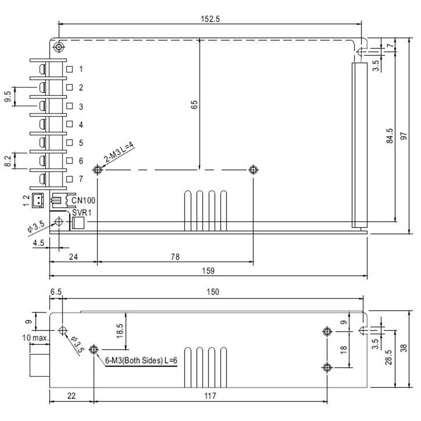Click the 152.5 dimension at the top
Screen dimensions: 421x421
coord(210,19)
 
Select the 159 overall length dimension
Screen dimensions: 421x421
coord(208,271)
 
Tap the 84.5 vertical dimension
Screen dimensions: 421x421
coord(390,136)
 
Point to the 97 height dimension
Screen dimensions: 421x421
coord(404,136)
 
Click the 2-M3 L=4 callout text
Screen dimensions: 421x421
coord(119,153)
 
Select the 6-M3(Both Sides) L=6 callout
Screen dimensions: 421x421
coord(141,360)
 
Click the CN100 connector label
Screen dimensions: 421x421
coord(83,200)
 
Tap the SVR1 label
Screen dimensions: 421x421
coord(82,213)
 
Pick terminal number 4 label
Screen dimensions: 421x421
coord(81,124)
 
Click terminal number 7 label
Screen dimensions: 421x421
coord(81,179)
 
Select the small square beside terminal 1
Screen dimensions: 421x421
coord(69,69)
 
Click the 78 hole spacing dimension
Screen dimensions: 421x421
coord(175,257)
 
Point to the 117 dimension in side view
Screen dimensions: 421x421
coord(210,396)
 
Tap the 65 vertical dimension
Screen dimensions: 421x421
coord(194,105)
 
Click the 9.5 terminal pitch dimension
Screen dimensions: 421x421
coord(8,97)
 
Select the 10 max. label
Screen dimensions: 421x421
coord(35,338)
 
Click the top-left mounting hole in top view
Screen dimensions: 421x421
coord(59,47)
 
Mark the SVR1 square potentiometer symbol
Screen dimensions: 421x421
coord(78,223)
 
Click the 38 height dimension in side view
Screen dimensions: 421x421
coord(404,348)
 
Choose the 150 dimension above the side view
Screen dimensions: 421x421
coord(213,292)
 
